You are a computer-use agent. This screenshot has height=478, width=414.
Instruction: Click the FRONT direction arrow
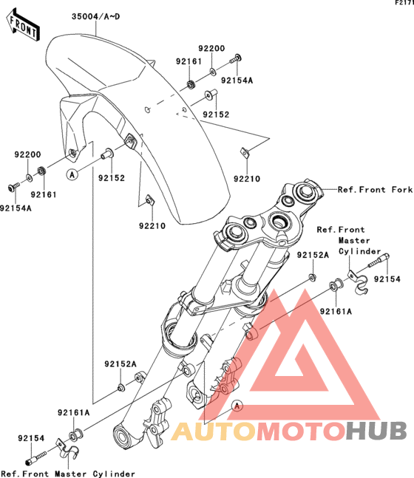point(23,25)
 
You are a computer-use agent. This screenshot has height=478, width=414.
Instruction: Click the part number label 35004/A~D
point(96,16)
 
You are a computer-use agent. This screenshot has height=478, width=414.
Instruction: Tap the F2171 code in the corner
point(404,3)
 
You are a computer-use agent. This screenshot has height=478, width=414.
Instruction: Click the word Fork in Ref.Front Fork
point(401,190)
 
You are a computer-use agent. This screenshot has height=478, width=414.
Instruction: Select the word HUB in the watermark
point(376,431)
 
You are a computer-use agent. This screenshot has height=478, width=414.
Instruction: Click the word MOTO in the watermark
point(301,431)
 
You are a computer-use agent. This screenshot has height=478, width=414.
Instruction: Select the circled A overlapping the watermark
point(237,406)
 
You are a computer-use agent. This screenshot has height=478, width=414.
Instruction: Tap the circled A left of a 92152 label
point(72,174)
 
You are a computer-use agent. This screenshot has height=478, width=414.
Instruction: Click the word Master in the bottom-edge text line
point(70,474)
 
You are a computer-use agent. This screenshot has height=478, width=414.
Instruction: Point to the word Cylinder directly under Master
point(360,251)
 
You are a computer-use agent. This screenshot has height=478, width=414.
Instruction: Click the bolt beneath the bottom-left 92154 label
point(36,459)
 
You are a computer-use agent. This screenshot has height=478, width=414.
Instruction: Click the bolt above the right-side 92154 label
point(379,260)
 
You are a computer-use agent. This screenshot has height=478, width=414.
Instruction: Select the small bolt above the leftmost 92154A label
point(14,187)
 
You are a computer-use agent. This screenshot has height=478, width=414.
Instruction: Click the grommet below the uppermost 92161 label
point(191,83)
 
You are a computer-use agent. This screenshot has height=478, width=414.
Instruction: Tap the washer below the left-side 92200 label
point(29,177)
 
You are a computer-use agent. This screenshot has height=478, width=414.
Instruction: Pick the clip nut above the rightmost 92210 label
point(245,151)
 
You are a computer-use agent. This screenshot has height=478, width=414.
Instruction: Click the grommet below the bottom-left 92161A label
point(75,435)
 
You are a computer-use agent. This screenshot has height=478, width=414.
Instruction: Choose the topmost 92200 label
point(211,48)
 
